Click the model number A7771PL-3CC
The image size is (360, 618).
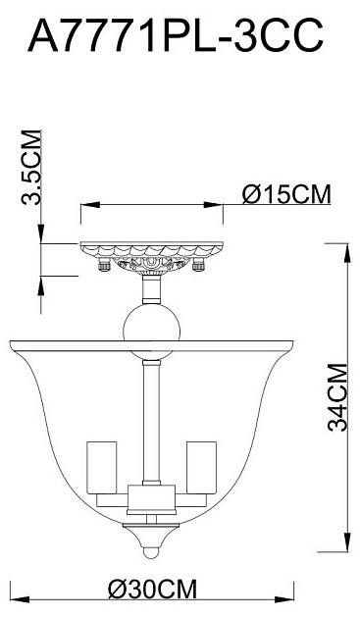click(177, 37)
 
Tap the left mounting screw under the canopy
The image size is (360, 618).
click(103, 264)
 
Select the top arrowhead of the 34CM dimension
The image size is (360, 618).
click(346, 245)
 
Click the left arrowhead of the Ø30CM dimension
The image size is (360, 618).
click(12, 598)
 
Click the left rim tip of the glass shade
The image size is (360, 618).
click(9, 343)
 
